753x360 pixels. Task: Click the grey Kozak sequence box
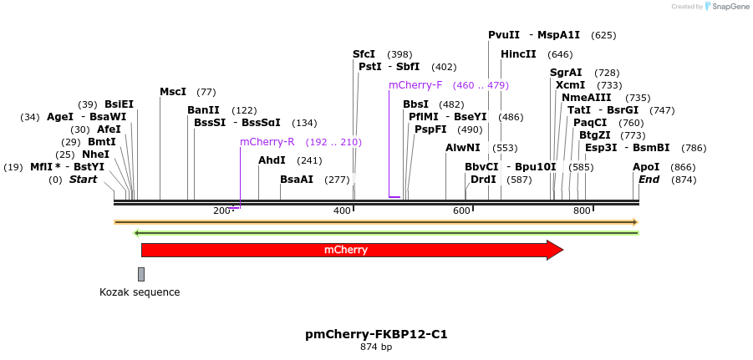tap(141, 274)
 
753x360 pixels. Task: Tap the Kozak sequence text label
tap(140, 292)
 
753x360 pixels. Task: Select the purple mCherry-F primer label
tap(415, 85)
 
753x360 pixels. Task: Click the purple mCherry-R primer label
tap(267, 142)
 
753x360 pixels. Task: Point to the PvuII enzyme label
tap(504, 35)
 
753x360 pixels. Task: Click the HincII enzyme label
tap(518, 54)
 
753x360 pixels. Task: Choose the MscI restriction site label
tap(173, 92)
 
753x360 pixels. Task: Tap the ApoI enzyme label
tap(646, 167)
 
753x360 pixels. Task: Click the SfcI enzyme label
tap(364, 54)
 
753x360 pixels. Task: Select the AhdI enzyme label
tap(272, 160)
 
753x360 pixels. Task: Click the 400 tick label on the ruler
tap(342, 210)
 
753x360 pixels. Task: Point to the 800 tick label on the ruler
tap(582, 210)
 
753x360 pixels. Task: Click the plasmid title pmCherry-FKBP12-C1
tap(376, 334)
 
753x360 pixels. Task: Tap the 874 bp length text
tap(376, 347)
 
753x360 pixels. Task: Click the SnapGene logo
tap(727, 7)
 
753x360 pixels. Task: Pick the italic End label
tap(649, 180)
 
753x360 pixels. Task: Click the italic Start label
tap(83, 180)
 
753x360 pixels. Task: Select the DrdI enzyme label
tap(483, 180)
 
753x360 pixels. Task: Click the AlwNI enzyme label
tap(462, 148)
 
